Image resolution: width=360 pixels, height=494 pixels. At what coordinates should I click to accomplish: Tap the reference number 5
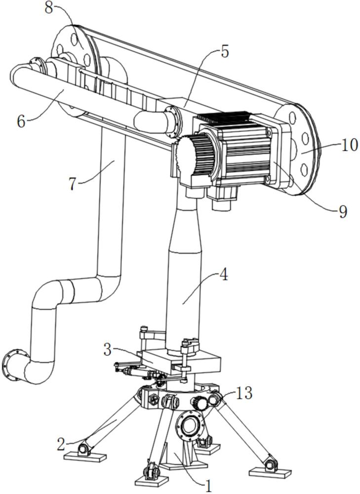[x=225, y=52]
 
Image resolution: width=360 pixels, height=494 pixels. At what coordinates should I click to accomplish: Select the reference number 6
[x=21, y=122]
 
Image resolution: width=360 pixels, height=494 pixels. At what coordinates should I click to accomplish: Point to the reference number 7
[x=73, y=184]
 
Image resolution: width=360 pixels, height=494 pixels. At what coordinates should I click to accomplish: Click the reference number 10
[x=349, y=146]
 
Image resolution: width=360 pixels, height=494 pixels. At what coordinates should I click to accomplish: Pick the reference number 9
[x=343, y=212]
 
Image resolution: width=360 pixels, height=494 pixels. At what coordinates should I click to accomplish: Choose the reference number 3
[x=108, y=350]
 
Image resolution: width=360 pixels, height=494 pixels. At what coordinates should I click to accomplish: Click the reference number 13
[x=244, y=393]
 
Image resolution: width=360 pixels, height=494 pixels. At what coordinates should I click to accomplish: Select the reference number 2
[x=61, y=444]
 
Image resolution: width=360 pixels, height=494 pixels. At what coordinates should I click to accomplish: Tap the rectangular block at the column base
[x=182, y=362]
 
